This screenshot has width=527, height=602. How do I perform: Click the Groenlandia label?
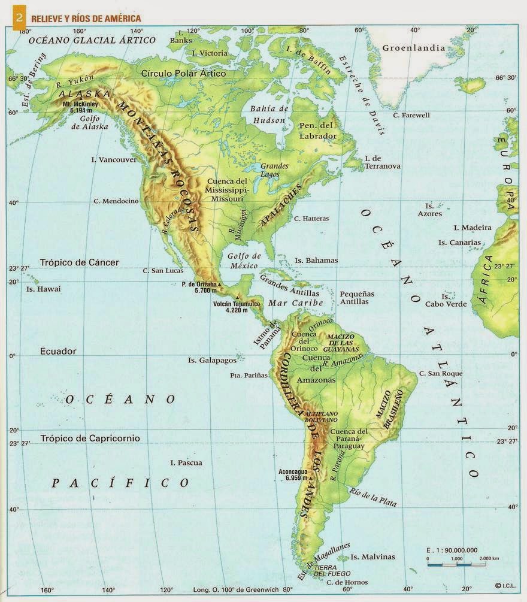tap(414, 48)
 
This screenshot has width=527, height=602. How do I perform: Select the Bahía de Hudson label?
tap(269, 114)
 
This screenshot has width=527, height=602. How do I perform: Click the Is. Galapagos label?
tap(208, 361)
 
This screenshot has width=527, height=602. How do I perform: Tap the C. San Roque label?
tap(441, 373)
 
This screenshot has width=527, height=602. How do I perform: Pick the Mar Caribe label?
tap(295, 303)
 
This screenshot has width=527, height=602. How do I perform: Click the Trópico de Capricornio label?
tap(90, 438)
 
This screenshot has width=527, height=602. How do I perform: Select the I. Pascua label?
tap(186, 462)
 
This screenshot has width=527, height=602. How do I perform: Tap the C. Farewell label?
tap(411, 115)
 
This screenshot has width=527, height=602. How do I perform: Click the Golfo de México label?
tap(243, 261)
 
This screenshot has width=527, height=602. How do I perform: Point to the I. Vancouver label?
tap(114, 160)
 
